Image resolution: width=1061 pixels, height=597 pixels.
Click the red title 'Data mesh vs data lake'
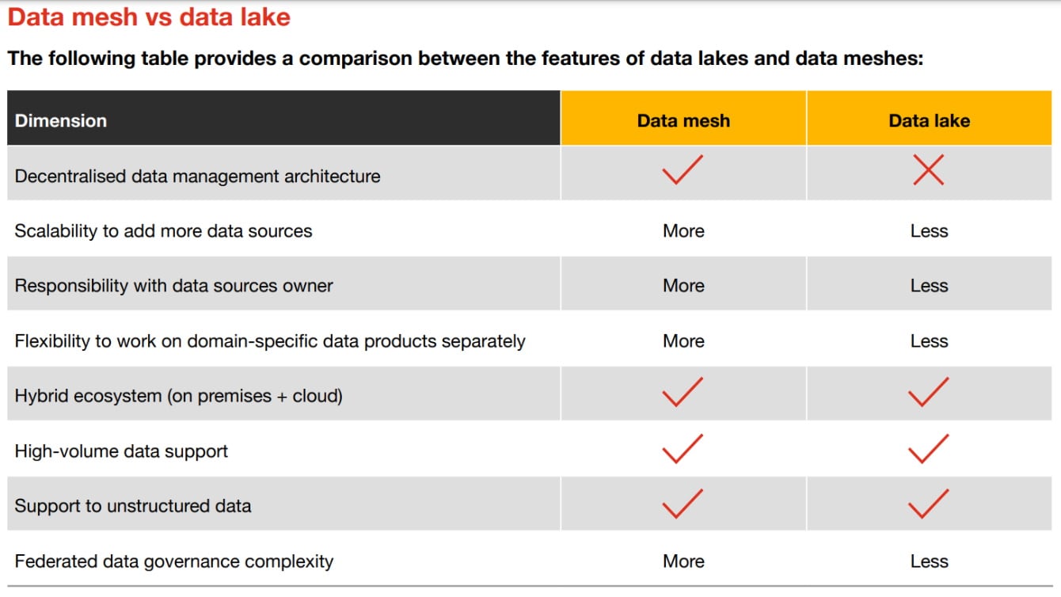pos(149,17)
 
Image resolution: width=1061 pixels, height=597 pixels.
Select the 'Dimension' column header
pos(60,120)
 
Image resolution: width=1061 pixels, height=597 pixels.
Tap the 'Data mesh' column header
pos(683,120)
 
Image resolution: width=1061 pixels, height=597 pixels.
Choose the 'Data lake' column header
pos(929,120)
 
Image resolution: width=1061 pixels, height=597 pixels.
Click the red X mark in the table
pos(928,170)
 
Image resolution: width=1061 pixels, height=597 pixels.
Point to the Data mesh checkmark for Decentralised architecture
pos(682,170)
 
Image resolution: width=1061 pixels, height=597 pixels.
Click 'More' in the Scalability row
pos(683,231)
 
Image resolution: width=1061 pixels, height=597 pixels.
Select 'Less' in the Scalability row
pos(929,231)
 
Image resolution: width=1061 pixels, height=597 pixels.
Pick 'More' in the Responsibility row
pos(683,286)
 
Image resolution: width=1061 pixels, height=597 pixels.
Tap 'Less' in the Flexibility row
pos(929,341)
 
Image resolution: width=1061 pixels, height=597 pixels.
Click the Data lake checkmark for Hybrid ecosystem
pos(928,391)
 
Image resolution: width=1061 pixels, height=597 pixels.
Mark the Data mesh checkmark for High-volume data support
pos(682,448)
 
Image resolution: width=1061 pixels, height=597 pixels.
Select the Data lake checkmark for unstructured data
pos(928,504)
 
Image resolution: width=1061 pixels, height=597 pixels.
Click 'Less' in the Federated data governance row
pos(929,561)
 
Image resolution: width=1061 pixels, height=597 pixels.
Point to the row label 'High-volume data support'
pos(121,451)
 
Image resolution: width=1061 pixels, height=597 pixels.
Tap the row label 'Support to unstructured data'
pos(132,506)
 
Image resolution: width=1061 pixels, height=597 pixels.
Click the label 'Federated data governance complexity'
pos(173,561)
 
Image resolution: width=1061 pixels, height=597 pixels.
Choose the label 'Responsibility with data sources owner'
pos(173,286)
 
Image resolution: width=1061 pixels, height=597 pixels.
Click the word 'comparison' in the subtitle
pos(356,59)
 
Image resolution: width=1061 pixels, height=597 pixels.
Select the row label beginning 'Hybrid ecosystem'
pos(178,396)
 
